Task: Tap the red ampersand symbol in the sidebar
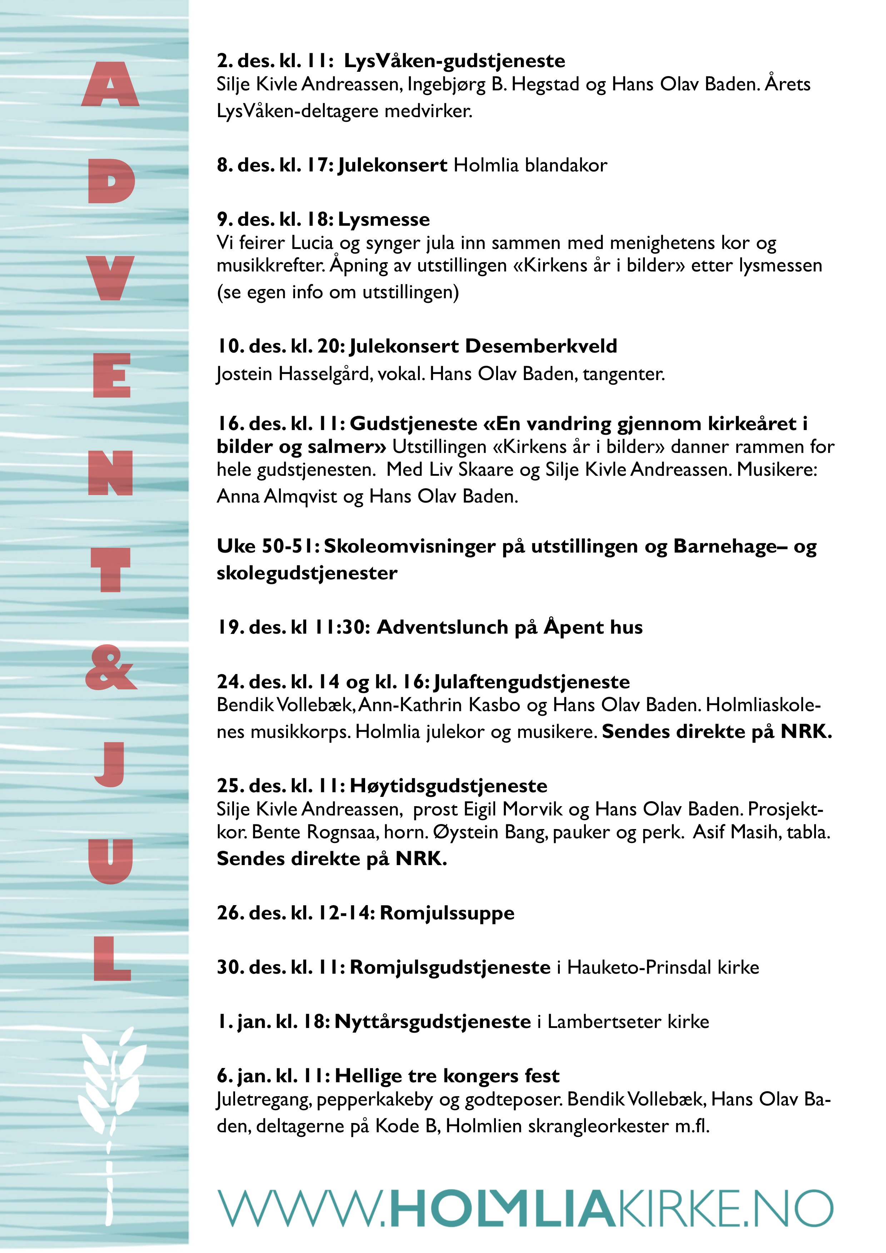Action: tap(111, 668)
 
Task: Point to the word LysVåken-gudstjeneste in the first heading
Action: tap(454, 61)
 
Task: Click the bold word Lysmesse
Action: tap(384, 219)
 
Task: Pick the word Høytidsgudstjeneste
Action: tap(448, 786)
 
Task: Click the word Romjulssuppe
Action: tap(447, 913)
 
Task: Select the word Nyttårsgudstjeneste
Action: tap(432, 1022)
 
